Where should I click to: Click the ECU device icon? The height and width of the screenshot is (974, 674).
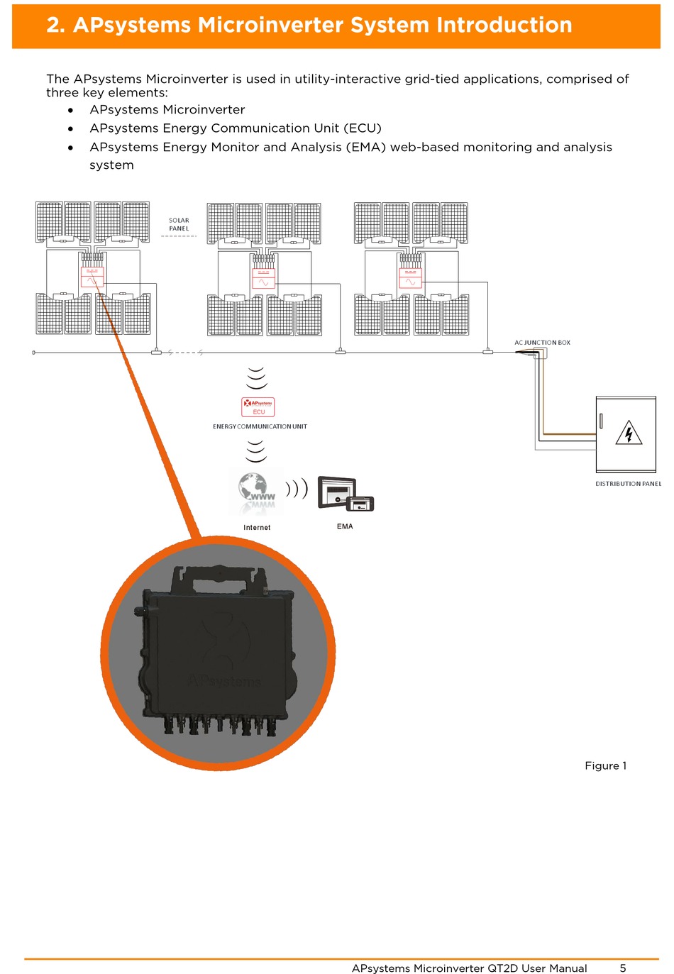click(258, 406)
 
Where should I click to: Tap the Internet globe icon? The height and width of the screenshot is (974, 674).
click(256, 491)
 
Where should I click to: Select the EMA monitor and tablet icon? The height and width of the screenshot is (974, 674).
click(346, 494)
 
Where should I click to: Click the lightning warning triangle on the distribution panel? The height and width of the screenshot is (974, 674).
click(629, 433)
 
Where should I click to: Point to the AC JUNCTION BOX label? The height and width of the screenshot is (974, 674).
click(542, 343)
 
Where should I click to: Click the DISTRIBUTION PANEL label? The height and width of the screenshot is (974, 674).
click(628, 484)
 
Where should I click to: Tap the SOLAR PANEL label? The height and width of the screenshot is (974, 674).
click(179, 225)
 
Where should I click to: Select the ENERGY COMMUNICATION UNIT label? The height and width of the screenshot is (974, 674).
click(260, 426)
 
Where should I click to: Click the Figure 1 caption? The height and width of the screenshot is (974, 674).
click(605, 765)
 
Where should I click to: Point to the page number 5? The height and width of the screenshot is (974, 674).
click(623, 968)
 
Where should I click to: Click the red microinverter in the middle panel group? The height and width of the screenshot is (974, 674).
click(263, 277)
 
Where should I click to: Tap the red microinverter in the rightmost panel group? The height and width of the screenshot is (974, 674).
click(410, 277)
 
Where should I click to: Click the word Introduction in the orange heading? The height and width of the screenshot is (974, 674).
click(504, 26)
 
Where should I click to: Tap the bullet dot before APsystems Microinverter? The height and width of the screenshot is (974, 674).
click(70, 110)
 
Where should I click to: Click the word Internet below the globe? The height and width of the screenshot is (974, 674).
click(257, 528)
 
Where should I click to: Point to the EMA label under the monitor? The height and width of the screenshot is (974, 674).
click(345, 526)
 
